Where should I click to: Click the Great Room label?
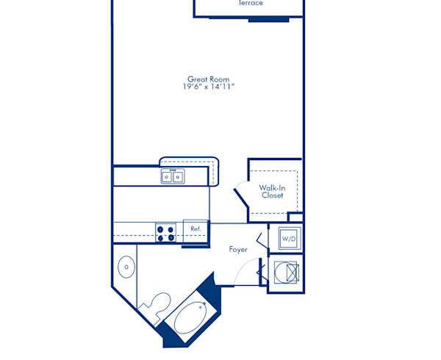click(208, 79)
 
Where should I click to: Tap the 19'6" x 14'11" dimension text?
click(208, 87)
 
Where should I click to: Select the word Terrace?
click(251, 4)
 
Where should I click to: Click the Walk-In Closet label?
click(272, 192)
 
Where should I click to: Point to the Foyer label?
click(238, 250)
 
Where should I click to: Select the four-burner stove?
click(166, 233)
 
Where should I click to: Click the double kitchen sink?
click(174, 176)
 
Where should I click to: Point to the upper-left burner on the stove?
click(161, 228)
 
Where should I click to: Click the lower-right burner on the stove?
click(171, 238)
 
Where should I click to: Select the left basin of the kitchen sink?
click(168, 176)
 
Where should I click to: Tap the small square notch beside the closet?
click(295, 217)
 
